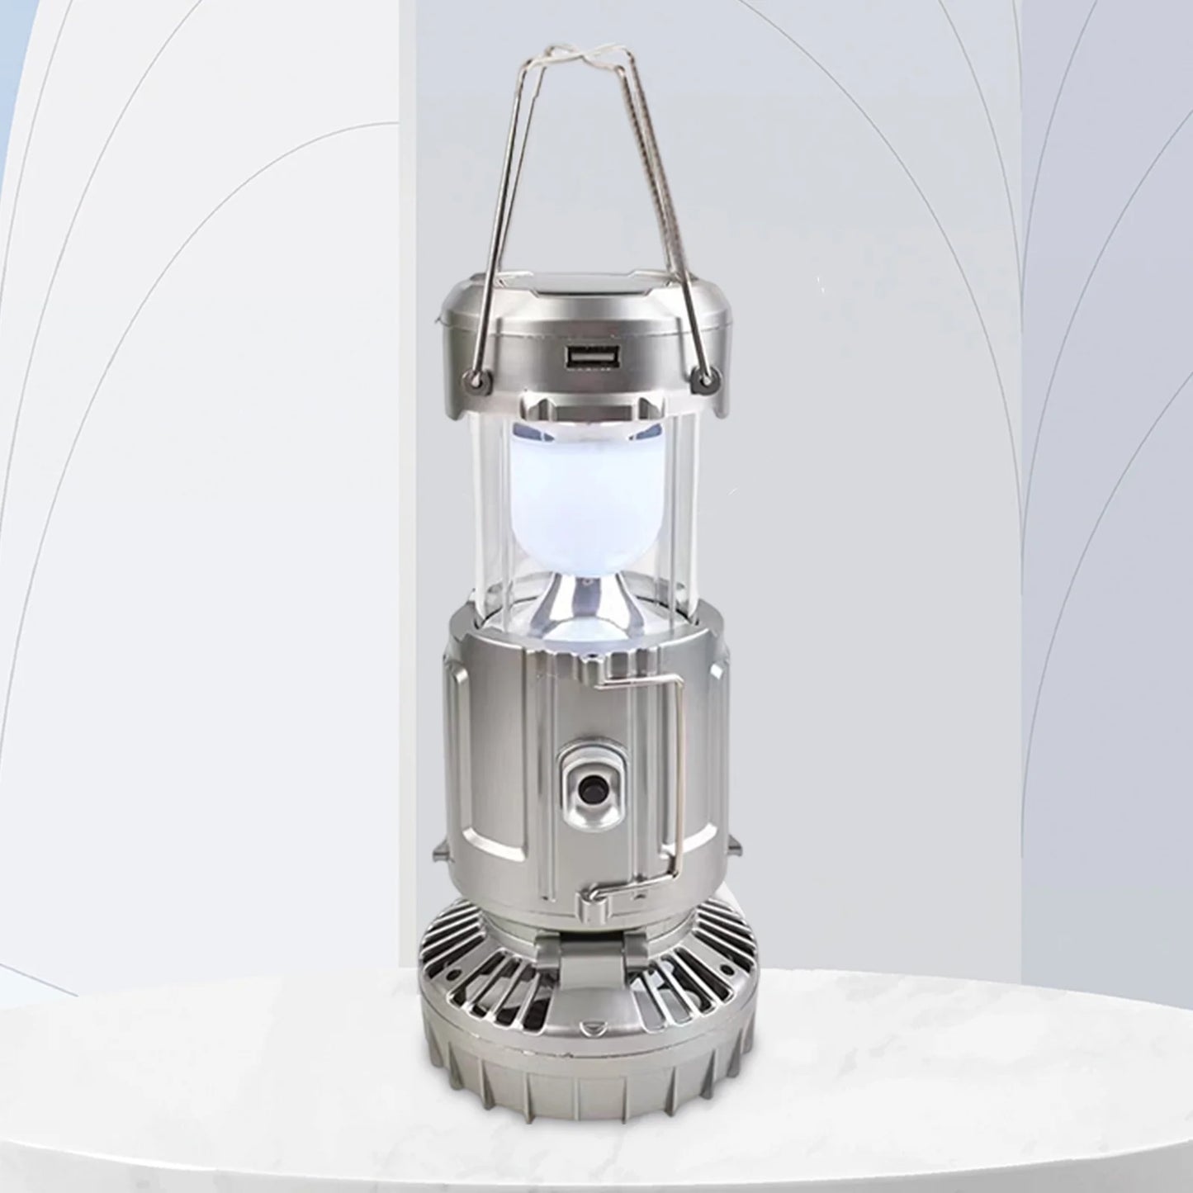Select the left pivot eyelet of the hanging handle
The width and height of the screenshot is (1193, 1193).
(475, 379)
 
